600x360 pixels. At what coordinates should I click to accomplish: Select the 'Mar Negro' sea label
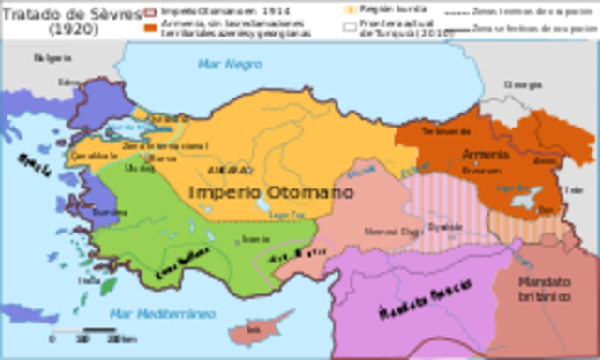click(x=218, y=63)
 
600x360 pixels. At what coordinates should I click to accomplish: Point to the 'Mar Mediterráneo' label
click(x=154, y=313)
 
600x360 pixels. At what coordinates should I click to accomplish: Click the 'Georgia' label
click(x=522, y=83)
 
